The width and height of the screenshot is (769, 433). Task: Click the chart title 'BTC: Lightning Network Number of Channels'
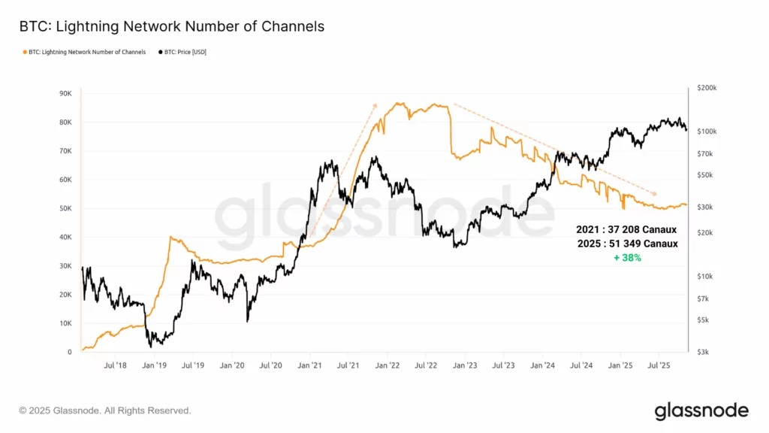(172, 26)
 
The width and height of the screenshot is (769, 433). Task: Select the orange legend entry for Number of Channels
(84, 52)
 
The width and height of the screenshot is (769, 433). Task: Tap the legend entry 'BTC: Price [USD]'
(182, 52)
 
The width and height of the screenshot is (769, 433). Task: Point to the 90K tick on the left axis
(66, 93)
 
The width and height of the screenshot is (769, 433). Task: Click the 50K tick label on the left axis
(66, 208)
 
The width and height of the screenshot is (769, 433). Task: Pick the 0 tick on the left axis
(70, 352)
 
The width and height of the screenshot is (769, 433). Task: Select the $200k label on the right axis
(707, 88)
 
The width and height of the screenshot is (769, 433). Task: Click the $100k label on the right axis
(707, 132)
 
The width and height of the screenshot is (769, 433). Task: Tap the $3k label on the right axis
(703, 352)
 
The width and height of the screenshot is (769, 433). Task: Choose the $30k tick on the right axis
(704, 207)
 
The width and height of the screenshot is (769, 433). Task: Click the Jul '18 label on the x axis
(115, 365)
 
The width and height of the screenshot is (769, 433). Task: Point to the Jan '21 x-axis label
(309, 365)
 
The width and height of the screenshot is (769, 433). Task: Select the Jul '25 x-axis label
(659, 365)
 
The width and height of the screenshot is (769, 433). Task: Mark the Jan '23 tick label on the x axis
(464, 365)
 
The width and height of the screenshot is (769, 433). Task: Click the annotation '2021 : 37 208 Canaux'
(626, 230)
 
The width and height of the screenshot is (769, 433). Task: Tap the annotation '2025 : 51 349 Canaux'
(627, 244)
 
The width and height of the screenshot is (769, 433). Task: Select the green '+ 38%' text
(627, 258)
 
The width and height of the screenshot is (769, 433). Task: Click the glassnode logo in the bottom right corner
(701, 411)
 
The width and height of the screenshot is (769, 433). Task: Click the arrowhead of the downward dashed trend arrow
(654, 193)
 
